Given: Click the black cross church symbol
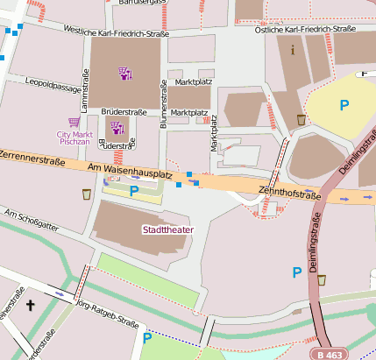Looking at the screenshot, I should coord(32,306).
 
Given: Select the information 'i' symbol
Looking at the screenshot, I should coord(292,49).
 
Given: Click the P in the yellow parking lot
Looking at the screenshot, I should coord(345,105).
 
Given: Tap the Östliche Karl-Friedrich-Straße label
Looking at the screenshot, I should coord(304,30).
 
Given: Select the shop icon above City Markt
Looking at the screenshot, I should coord(73,123).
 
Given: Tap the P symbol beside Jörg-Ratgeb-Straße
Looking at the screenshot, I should coord(147,337).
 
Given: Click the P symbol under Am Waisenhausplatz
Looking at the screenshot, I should coord(134,190).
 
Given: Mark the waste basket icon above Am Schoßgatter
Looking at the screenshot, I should coord(86,194).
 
